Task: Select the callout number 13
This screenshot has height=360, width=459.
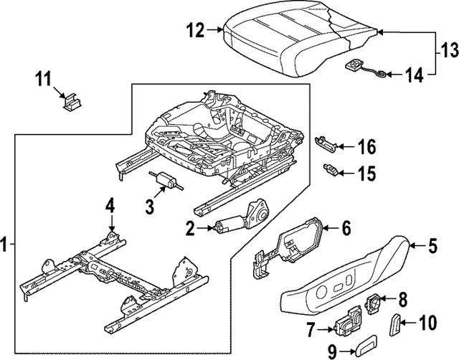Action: [448, 52]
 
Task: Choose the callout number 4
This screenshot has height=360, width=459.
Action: [110, 207]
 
